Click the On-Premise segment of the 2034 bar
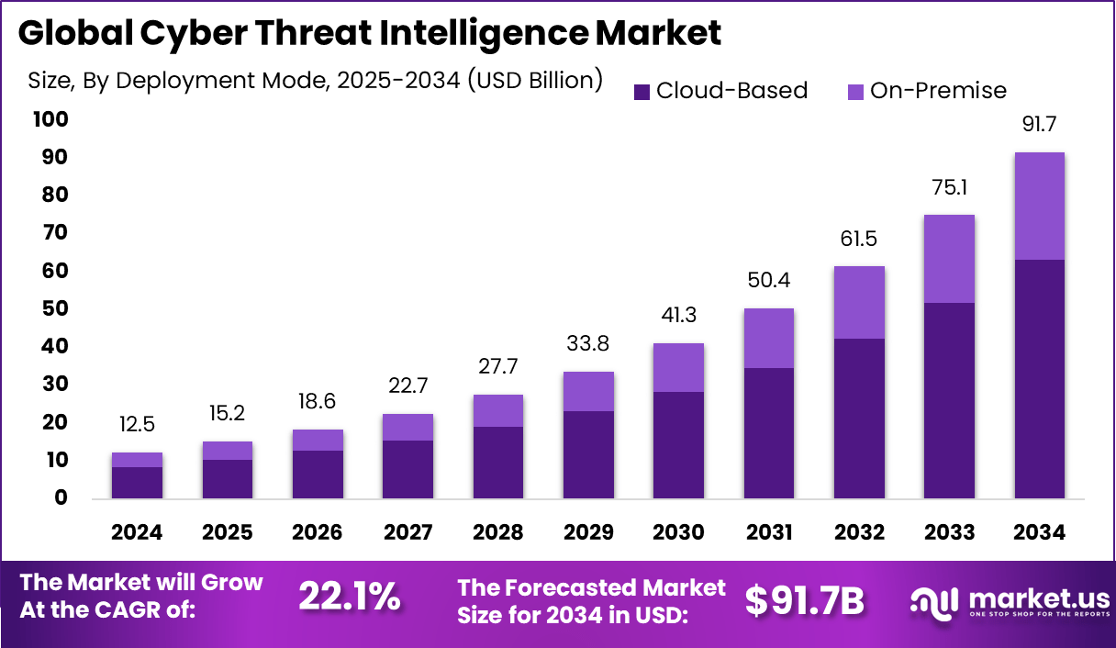tap(1039, 206)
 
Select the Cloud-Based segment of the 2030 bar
tap(678, 445)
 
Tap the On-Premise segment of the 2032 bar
tap(859, 302)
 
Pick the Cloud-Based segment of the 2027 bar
tap(407, 469)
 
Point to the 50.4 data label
tap(769, 281)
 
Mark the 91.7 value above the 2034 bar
tap(1040, 125)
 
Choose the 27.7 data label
tap(497, 367)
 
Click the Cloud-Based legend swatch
tap(642, 92)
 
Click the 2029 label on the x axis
tap(587, 533)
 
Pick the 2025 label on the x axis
tap(227, 533)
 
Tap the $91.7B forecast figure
tap(804, 600)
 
